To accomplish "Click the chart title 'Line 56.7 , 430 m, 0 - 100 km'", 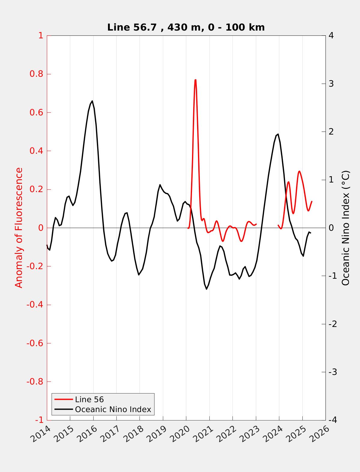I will click(x=186, y=28).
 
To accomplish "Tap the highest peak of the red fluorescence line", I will click(x=195, y=80).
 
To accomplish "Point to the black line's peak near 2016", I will click(x=92, y=101).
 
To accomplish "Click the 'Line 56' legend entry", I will click(x=89, y=399).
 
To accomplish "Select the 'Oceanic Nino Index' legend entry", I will click(x=113, y=409).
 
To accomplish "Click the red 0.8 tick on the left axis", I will click(x=36, y=74).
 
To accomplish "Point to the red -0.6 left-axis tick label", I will click(x=35, y=343).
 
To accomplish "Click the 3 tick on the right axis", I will click(x=331, y=84).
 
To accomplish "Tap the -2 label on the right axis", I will click(x=333, y=324).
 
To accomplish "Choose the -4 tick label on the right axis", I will click(x=333, y=420).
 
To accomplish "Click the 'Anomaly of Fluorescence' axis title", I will click(x=19, y=228).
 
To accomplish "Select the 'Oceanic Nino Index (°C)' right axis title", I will click(x=346, y=228).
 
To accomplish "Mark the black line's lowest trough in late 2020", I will click(x=206, y=289).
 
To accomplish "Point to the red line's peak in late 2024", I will click(x=299, y=171).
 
